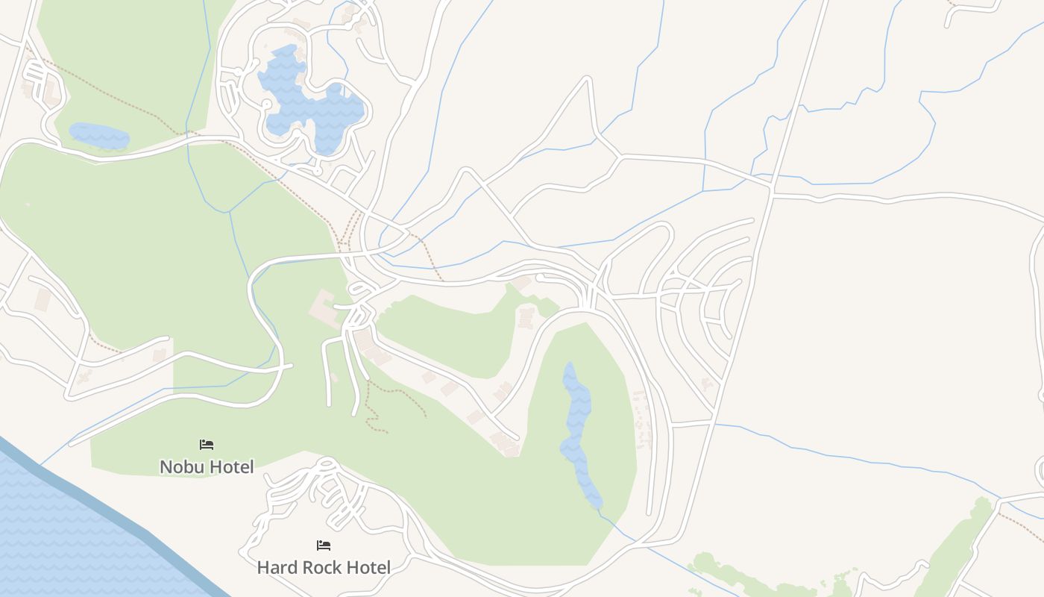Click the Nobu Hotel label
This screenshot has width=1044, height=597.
(207, 466)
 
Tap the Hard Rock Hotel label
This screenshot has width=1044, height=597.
(323, 567)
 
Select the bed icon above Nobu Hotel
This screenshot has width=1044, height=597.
(207, 445)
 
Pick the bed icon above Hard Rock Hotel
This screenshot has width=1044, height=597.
(324, 546)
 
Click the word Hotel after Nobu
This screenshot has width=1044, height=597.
(231, 466)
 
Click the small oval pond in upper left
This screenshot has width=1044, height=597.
(98, 136)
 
